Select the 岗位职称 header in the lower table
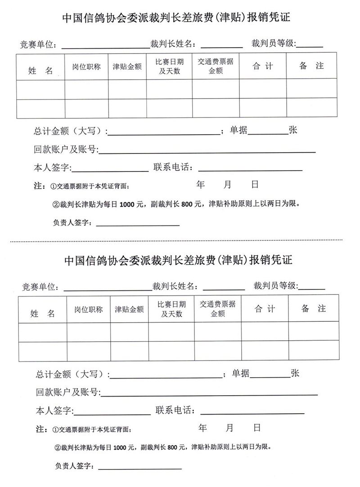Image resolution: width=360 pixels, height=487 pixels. coord(89,310)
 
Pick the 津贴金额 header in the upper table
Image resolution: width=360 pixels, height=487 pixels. coord(127,67)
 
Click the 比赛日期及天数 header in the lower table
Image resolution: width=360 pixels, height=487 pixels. coord(171,309)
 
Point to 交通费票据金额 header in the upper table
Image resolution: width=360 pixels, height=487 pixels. coord(216,66)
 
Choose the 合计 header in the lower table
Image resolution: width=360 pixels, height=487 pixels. coord(265,309)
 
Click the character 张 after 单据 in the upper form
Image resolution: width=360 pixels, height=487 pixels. coord(292,131)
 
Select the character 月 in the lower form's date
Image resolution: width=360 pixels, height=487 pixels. coord(230,428)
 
